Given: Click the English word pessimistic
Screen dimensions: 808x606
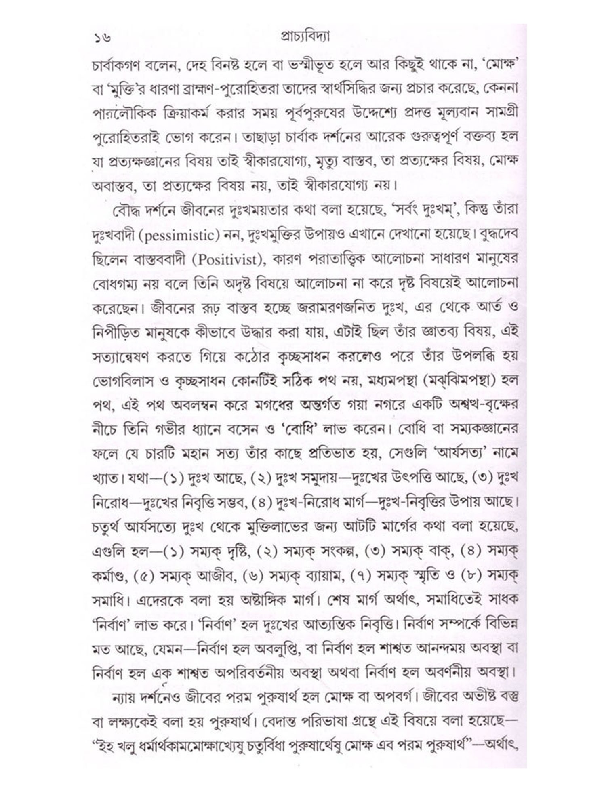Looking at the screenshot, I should [182, 235].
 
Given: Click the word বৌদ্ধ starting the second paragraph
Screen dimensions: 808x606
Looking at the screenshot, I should [121, 210].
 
